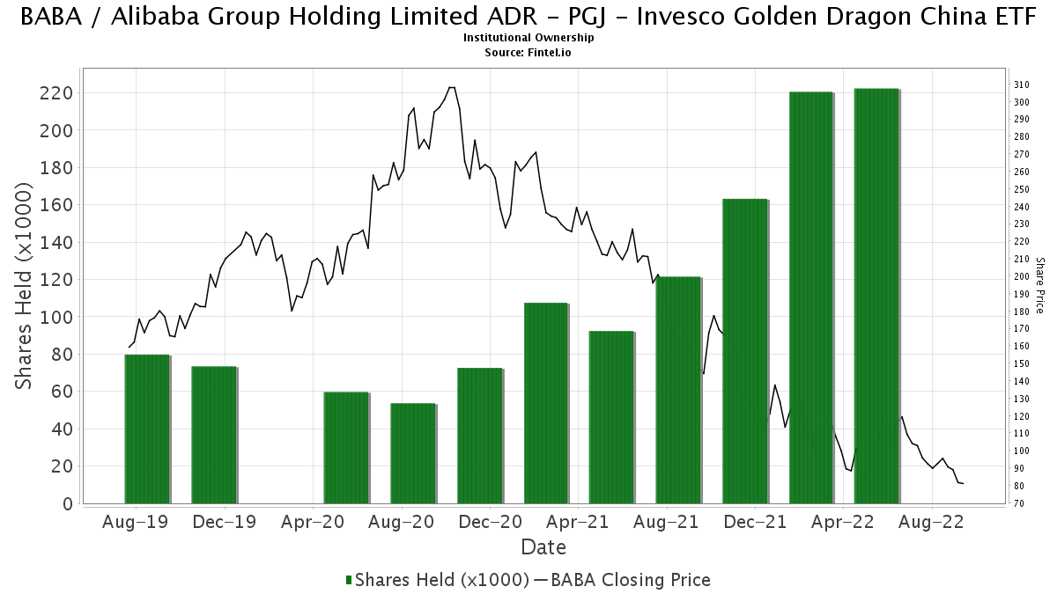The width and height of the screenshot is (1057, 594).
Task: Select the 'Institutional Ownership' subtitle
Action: point(528,38)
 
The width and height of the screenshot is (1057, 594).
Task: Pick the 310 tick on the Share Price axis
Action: point(1022,84)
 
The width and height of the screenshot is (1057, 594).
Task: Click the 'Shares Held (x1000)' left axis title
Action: point(26,286)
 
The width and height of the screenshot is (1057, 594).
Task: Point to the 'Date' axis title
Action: point(543,547)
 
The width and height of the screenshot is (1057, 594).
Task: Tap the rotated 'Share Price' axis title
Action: point(1040,285)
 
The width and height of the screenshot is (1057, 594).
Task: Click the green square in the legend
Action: point(349,580)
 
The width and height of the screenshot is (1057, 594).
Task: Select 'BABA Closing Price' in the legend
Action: point(630,580)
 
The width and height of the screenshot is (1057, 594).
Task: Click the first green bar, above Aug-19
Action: point(146,429)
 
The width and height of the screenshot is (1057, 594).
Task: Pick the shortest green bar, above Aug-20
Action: point(413,453)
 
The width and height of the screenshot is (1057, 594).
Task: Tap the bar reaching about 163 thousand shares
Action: point(744,351)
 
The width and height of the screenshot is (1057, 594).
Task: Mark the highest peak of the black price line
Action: point(452,87)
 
